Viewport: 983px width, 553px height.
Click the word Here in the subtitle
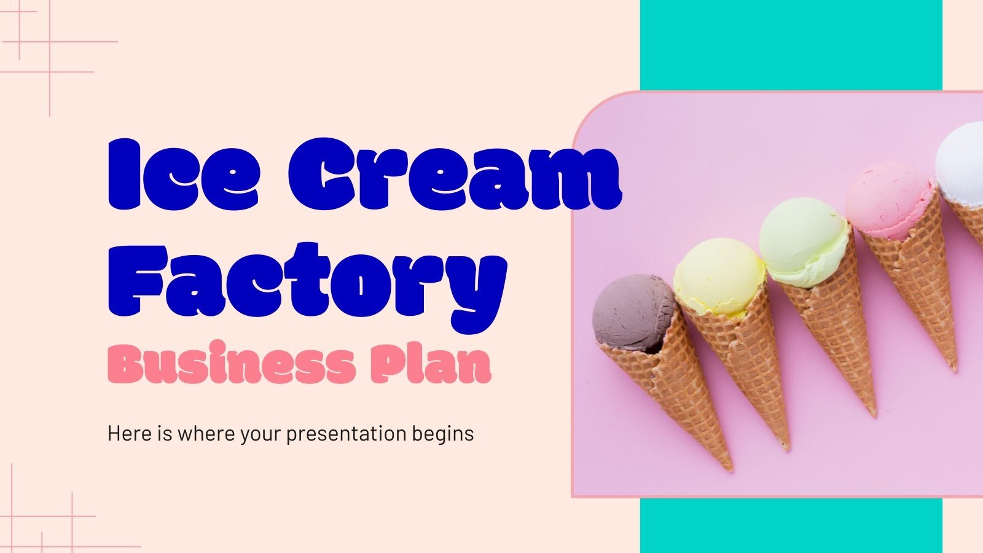pyautogui.click(x=129, y=434)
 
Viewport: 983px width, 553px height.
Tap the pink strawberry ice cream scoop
pyautogui.click(x=890, y=197)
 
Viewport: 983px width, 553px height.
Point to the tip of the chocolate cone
pyautogui.click(x=730, y=468)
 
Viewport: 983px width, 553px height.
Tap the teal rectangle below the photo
pyautogui.click(x=791, y=525)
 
